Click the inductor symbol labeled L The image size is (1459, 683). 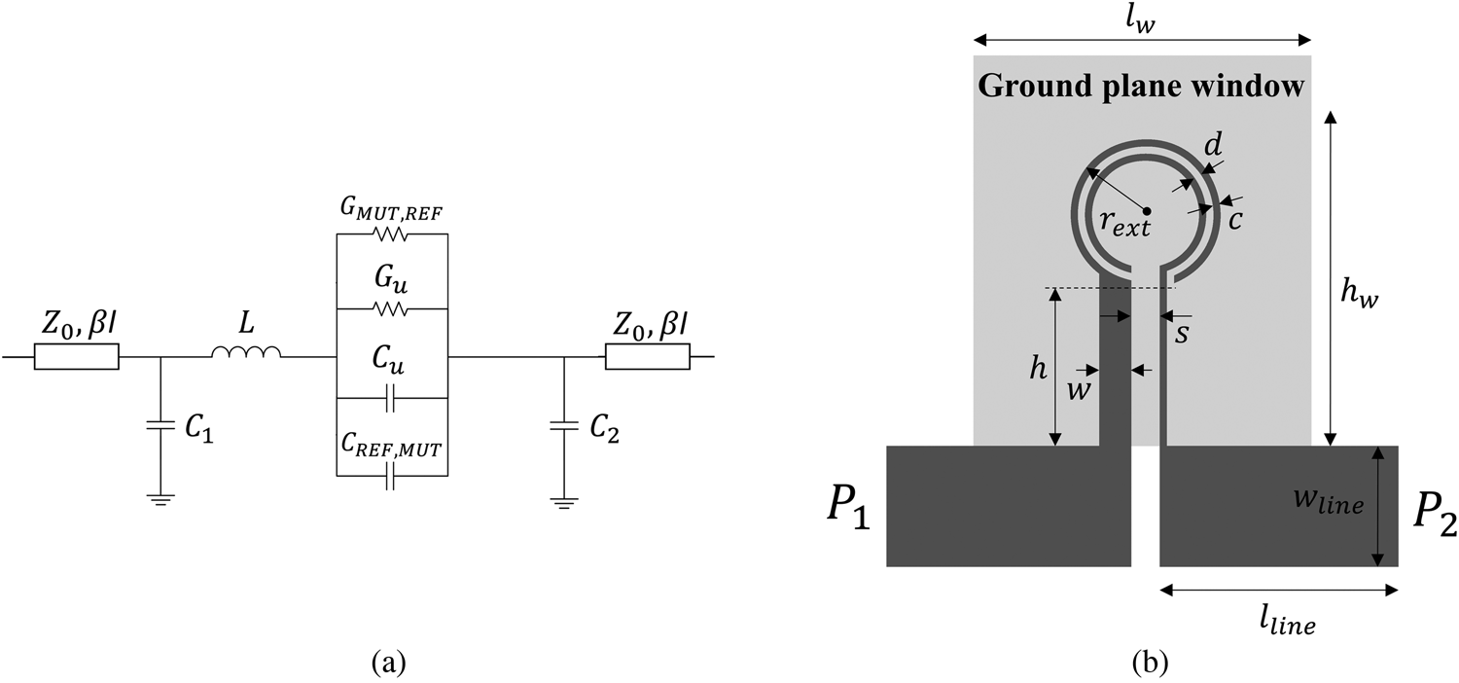pyautogui.click(x=246, y=356)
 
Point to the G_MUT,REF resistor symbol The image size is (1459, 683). pyautogui.click(x=391, y=234)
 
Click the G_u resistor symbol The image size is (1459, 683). pyautogui.click(x=391, y=309)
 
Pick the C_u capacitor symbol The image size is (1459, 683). pyautogui.click(x=391, y=399)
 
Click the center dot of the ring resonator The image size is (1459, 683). pyautogui.click(x=1148, y=210)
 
